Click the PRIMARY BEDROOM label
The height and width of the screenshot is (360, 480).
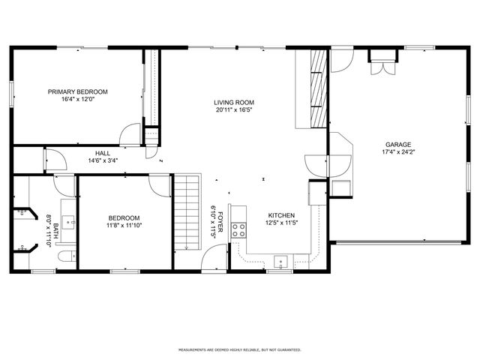click(x=77, y=91)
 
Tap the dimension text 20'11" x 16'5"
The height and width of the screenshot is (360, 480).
click(x=234, y=110)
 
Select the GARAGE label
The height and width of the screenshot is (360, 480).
click(x=398, y=144)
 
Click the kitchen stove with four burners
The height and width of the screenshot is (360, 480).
click(x=240, y=230)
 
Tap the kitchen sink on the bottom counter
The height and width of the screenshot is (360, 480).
click(x=280, y=262)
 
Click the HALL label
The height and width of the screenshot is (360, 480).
click(x=103, y=152)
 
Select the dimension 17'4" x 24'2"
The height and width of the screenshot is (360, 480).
click(x=398, y=152)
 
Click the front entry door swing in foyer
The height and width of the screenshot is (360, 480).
click(x=213, y=260)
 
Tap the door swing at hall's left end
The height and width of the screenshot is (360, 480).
click(x=52, y=159)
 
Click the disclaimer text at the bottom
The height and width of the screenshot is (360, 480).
click(x=239, y=349)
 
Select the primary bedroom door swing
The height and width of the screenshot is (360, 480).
click(x=133, y=133)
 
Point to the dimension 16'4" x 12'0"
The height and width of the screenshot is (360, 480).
click(x=77, y=100)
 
